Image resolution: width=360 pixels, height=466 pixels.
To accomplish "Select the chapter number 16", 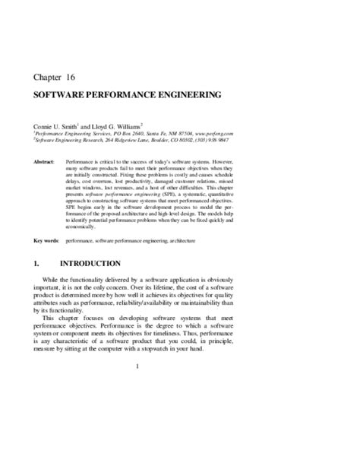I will [x=81, y=78].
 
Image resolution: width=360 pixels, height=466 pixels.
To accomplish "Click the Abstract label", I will [x=45, y=162].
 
